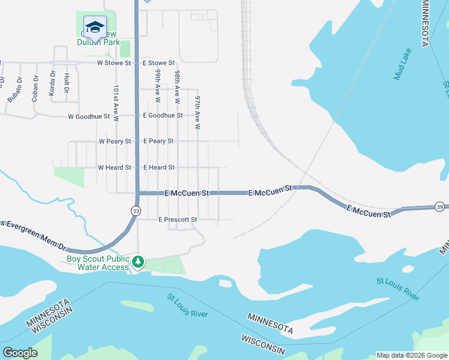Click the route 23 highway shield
tap(136, 211)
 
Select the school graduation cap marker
tap(94, 27)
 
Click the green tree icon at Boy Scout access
tap(138, 262)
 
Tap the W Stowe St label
tap(114, 62)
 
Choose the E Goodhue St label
tap(162, 115)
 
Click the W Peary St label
tap(115, 141)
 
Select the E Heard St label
tap(158, 167)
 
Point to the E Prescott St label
tap(178, 220)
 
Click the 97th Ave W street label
tap(197, 112)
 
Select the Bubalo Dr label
tap(14, 89)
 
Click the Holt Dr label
tap(67, 83)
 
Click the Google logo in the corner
tap(20, 352)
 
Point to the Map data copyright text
tap(411, 355)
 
